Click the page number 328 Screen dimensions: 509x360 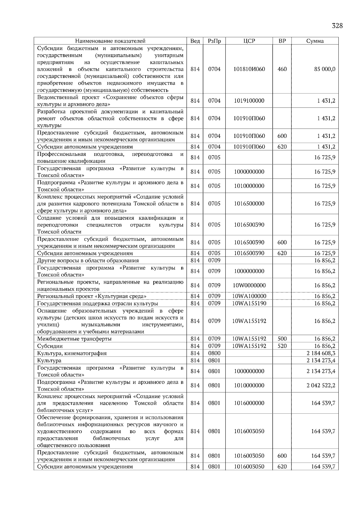click(x=337, y=26)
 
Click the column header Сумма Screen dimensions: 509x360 click(x=315, y=41)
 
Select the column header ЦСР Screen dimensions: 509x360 click(x=249, y=41)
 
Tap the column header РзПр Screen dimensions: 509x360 click(x=214, y=41)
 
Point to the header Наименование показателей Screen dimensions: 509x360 click(x=110, y=41)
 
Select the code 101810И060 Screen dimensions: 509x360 click(x=249, y=69)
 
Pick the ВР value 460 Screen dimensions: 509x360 click(x=282, y=69)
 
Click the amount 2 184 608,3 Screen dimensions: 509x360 click(x=321, y=353)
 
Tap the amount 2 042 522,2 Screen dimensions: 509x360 click(x=321, y=385)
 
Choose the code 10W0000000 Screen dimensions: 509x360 click(x=249, y=285)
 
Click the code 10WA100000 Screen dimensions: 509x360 click(x=249, y=296)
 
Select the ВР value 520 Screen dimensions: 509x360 click(x=282, y=346)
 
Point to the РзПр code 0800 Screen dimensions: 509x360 click(x=214, y=353)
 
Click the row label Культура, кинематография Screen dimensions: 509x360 click(x=72, y=353)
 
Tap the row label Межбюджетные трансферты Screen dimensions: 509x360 click(x=74, y=339)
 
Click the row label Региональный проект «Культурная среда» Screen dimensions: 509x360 click(x=92, y=296)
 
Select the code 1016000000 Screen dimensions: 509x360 click(x=249, y=403)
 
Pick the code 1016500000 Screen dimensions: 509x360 click(x=249, y=204)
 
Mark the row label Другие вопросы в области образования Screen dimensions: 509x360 click(x=88, y=260)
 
